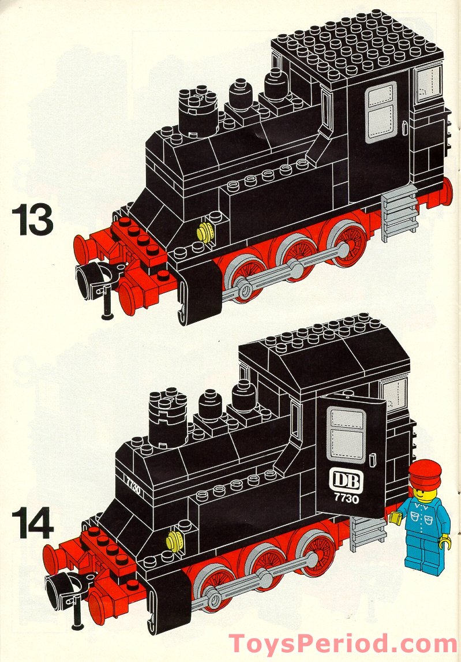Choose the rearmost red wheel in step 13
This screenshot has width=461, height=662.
coord(347,241)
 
